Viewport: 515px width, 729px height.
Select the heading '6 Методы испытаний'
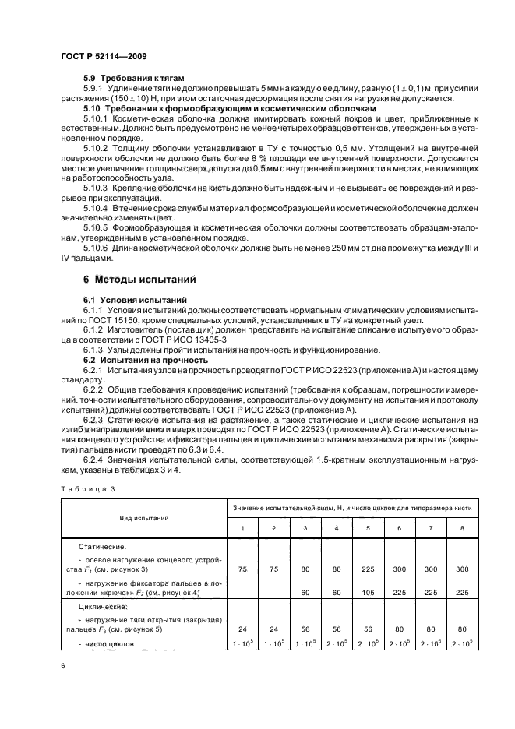(x=135, y=279)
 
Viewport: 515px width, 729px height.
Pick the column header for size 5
(x=367, y=529)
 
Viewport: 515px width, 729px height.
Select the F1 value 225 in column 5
(x=367, y=569)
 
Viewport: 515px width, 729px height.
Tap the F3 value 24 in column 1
(x=242, y=629)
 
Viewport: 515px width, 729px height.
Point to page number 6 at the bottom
(x=62, y=667)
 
